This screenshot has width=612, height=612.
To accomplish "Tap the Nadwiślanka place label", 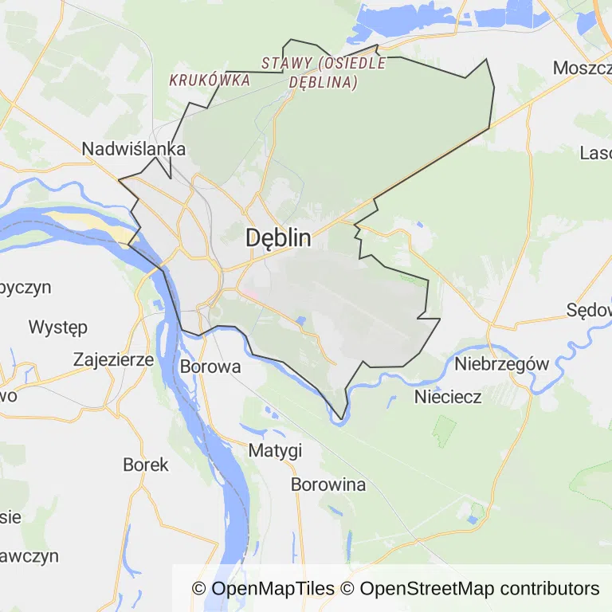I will (x=134, y=149).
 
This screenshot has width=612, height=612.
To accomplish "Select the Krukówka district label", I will (x=210, y=80).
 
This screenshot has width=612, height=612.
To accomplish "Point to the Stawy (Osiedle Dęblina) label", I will (x=324, y=73).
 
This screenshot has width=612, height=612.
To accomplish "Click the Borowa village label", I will (x=210, y=367).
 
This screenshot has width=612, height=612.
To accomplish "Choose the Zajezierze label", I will (x=113, y=359).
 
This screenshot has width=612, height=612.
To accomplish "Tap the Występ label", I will (x=57, y=327).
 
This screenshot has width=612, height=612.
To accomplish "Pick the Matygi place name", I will (x=275, y=450).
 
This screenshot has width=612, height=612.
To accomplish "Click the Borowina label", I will (x=328, y=484).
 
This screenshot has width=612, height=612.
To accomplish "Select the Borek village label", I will (x=146, y=465).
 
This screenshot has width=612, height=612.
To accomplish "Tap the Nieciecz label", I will (x=448, y=396).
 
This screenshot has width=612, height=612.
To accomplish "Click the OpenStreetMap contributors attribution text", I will (x=479, y=589).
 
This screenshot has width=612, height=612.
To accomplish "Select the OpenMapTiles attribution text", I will (x=263, y=589).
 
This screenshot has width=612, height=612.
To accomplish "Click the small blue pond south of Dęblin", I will (x=300, y=321).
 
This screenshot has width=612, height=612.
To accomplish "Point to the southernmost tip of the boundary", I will (x=342, y=418).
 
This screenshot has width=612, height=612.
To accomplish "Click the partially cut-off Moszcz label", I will (x=582, y=68).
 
